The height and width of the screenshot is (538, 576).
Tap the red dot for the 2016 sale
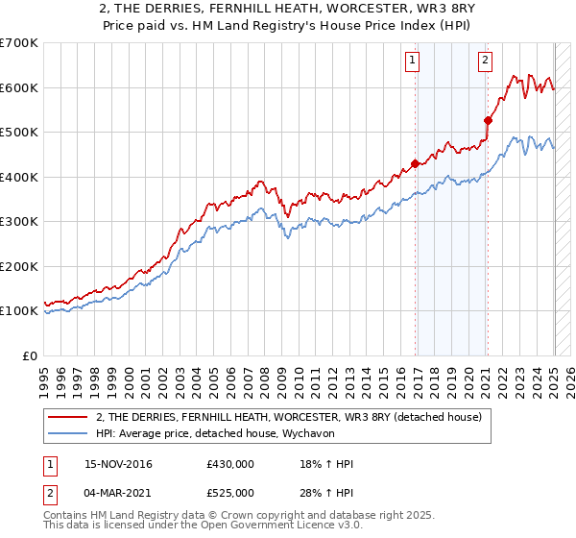(x=416, y=163)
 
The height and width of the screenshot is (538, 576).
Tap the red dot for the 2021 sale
(x=489, y=121)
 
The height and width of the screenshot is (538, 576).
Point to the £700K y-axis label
(x=19, y=43)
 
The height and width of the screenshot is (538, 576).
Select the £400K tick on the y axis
(x=19, y=177)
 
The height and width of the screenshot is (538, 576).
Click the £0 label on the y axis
(x=31, y=355)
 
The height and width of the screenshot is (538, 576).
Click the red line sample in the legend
(x=67, y=416)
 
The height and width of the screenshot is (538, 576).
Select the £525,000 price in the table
(x=230, y=493)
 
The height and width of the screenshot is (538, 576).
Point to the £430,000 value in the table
(x=230, y=464)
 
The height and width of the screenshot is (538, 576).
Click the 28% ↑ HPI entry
(x=326, y=493)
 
